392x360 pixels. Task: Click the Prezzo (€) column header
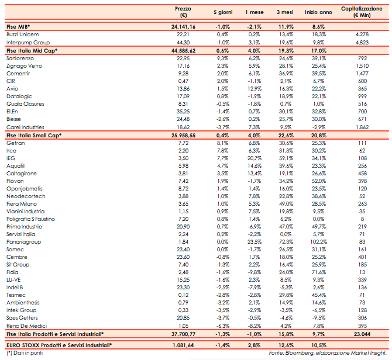[183, 12]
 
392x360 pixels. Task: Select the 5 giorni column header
[222, 12]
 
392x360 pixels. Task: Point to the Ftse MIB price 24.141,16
[183, 27]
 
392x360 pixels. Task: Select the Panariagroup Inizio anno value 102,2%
[318, 240]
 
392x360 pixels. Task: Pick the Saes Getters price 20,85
[183, 317]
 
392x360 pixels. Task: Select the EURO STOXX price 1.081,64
[183, 345]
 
